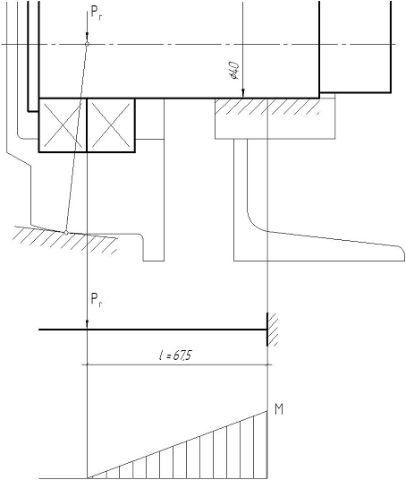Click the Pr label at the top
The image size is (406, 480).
(x=97, y=13)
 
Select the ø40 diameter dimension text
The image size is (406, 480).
(x=235, y=71)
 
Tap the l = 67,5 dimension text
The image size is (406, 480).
(x=175, y=356)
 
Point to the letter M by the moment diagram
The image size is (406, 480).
(x=279, y=409)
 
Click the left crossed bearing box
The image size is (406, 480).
(x=63, y=124)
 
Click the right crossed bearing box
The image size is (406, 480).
(x=111, y=124)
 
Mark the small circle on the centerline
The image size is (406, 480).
(x=87, y=44)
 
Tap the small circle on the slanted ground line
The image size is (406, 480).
(x=66, y=233)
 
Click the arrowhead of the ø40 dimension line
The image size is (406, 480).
(x=243, y=93)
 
